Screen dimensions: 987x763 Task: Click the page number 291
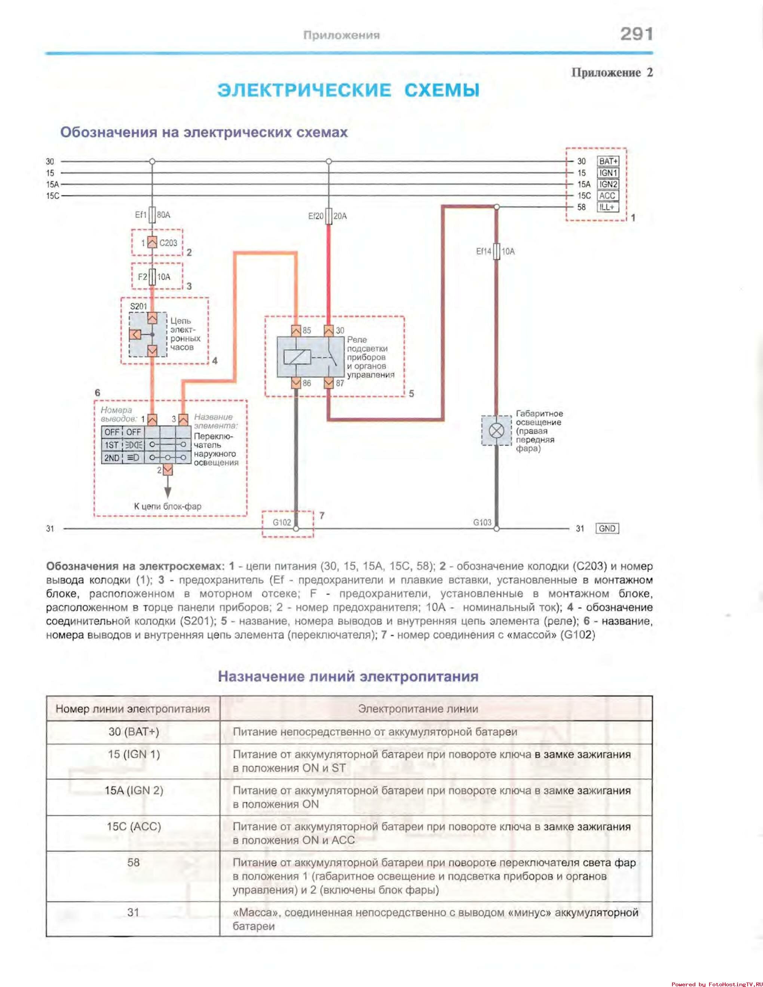point(637,34)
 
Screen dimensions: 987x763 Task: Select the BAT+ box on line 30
point(608,161)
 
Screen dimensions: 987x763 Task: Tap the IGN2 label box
point(608,184)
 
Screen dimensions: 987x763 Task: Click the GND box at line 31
point(607,528)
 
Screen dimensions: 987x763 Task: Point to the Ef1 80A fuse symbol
point(152,215)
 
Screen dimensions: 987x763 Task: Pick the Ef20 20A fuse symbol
point(329,216)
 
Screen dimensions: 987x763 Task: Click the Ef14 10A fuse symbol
point(496,251)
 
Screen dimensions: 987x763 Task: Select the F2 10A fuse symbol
point(152,277)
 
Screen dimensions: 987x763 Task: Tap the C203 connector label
point(168,243)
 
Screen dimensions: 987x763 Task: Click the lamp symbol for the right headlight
point(496,430)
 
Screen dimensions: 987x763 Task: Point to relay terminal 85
point(296,331)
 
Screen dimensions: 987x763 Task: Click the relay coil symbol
point(297,357)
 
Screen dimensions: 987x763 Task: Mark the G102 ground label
point(282,522)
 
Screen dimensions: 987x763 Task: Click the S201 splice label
point(138,306)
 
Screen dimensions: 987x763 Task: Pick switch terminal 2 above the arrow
point(167,470)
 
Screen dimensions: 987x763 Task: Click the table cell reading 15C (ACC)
point(134,827)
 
